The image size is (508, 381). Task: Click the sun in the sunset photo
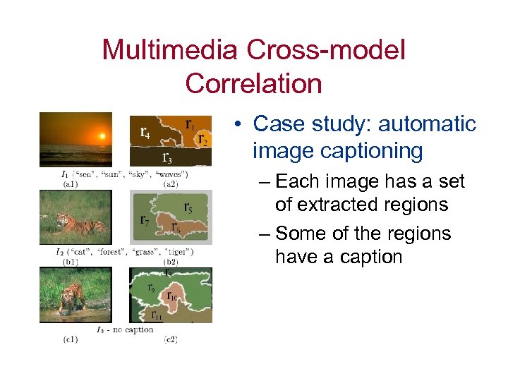[x=102, y=135]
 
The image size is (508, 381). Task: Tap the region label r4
[x=145, y=132]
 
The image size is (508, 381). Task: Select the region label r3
[x=167, y=157]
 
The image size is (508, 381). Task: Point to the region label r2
[x=202, y=138]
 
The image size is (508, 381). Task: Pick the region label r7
[x=144, y=220]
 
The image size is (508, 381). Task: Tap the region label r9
[x=151, y=287]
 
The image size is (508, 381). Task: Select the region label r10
[x=172, y=296]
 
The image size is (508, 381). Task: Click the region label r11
[x=157, y=315]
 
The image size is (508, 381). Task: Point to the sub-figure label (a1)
[x=71, y=183]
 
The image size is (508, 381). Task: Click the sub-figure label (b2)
[x=170, y=261]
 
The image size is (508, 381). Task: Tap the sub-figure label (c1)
[x=71, y=339]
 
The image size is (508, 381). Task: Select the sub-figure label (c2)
[x=170, y=339]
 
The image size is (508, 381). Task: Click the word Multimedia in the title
[x=171, y=50]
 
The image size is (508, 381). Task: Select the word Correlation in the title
[x=253, y=83]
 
